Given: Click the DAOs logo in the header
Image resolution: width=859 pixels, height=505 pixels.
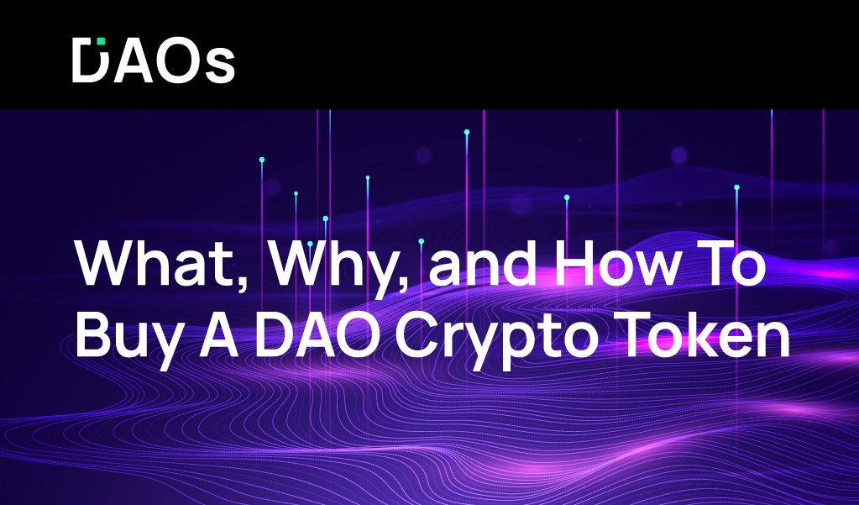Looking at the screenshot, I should pyautogui.click(x=153, y=60).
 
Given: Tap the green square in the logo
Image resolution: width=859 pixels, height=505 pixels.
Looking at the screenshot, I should pyautogui.click(x=101, y=41).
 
